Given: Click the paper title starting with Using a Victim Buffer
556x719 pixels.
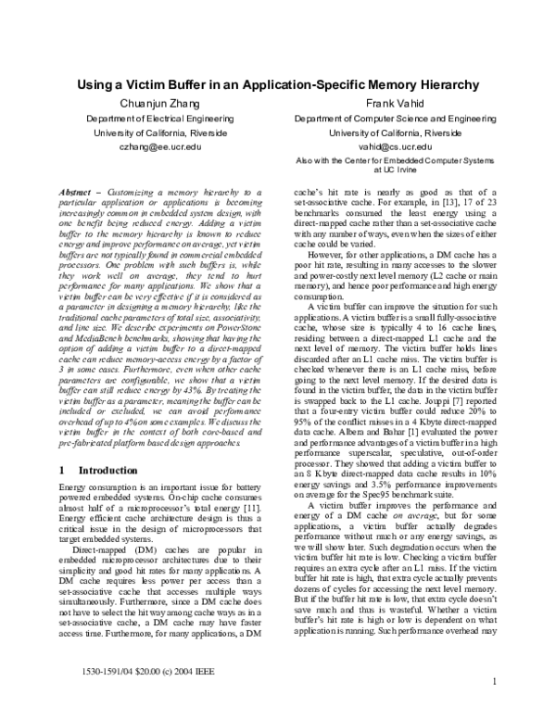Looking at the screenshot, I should point(277,84).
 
